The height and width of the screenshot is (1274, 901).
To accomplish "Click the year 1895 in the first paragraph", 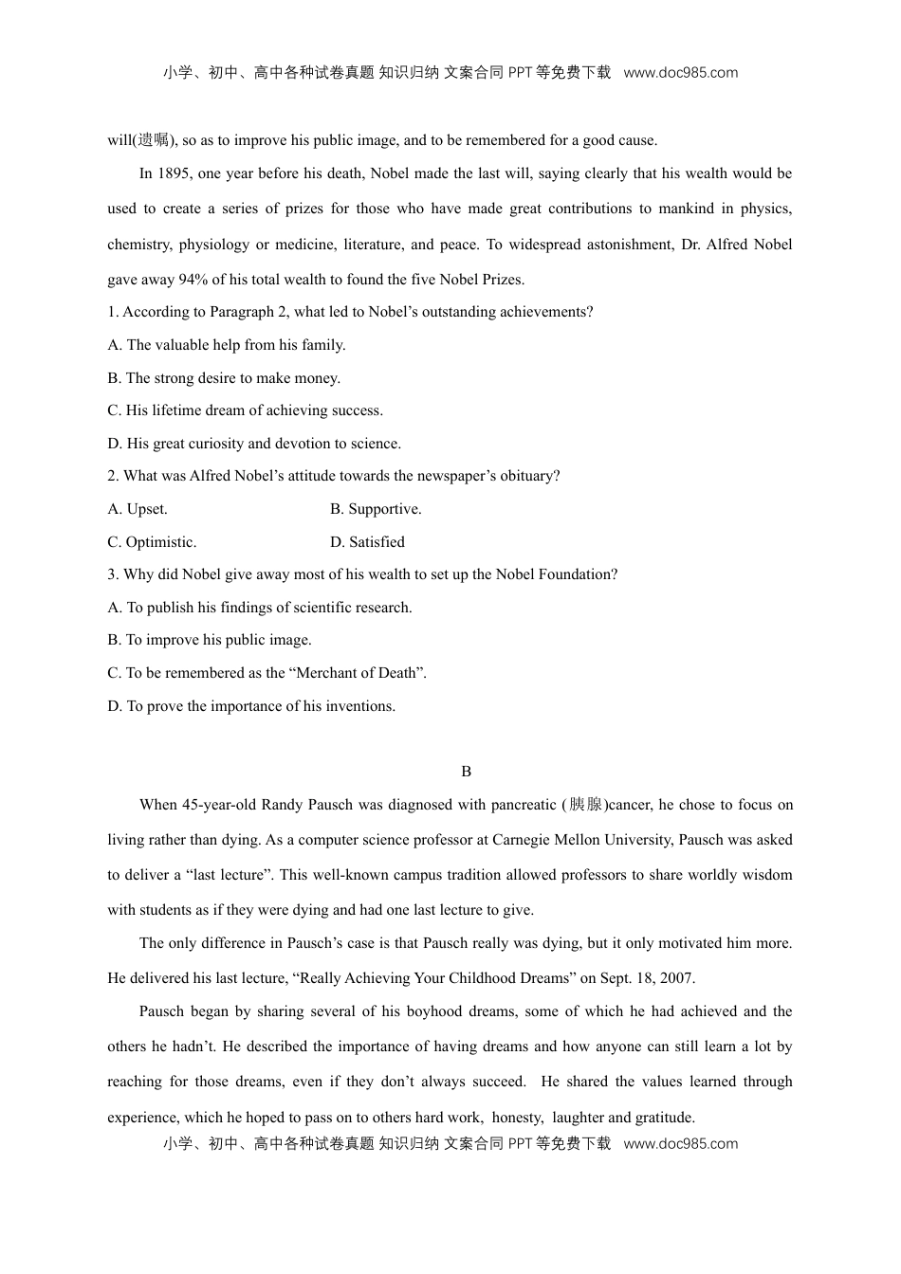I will (173, 173).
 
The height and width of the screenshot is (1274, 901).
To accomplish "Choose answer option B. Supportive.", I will (376, 509).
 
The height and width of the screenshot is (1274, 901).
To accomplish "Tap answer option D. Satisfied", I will (367, 542).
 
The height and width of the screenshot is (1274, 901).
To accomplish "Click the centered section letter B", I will (466, 772).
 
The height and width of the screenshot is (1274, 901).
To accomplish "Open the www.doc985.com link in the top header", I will (680, 73).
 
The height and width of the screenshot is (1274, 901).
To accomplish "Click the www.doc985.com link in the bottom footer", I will (680, 1144).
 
